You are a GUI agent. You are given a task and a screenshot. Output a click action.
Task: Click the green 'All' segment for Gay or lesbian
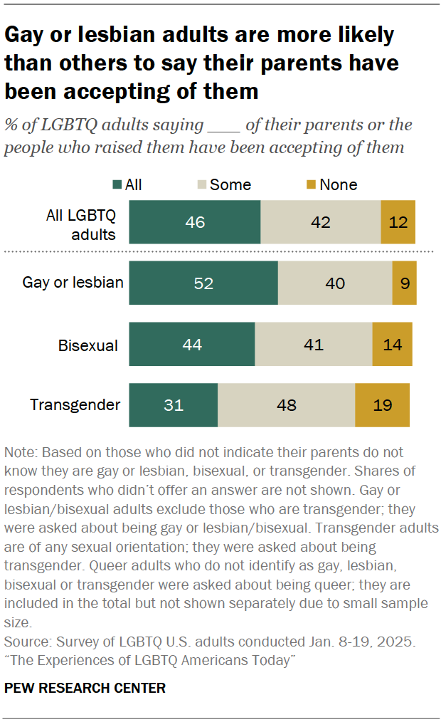pyautogui.click(x=203, y=283)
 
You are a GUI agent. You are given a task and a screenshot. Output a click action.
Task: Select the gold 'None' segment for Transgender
pyautogui.click(x=382, y=405)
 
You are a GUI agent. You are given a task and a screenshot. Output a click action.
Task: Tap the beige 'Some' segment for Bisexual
pyautogui.click(x=313, y=345)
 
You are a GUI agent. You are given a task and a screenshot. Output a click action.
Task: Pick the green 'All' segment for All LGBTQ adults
pyautogui.click(x=194, y=222)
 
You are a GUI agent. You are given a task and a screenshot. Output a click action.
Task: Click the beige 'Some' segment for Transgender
pyautogui.click(x=286, y=405)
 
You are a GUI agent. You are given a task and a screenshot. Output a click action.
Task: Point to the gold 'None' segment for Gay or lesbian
pyautogui.click(x=404, y=283)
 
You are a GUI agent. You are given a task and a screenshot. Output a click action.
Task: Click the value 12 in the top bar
pyautogui.click(x=398, y=222)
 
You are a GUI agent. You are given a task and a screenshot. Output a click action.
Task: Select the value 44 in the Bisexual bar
pyautogui.click(x=191, y=345)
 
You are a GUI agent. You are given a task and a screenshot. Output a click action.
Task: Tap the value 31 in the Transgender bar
pyautogui.click(x=173, y=405)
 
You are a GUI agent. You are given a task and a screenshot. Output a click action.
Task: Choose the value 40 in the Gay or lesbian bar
pyautogui.click(x=334, y=283)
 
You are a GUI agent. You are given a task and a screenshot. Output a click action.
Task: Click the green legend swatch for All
pyautogui.click(x=116, y=185)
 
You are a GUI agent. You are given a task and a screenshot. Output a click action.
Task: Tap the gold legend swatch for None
pyautogui.click(x=310, y=185)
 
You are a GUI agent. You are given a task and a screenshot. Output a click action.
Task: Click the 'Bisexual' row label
pyautogui.click(x=87, y=345)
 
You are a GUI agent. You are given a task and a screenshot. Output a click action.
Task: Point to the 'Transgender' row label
pyautogui.click(x=75, y=405)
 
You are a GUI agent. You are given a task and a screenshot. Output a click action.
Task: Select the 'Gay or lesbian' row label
pyautogui.click(x=73, y=283)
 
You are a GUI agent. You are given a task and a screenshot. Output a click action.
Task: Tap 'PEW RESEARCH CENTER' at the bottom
pyautogui.click(x=85, y=688)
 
